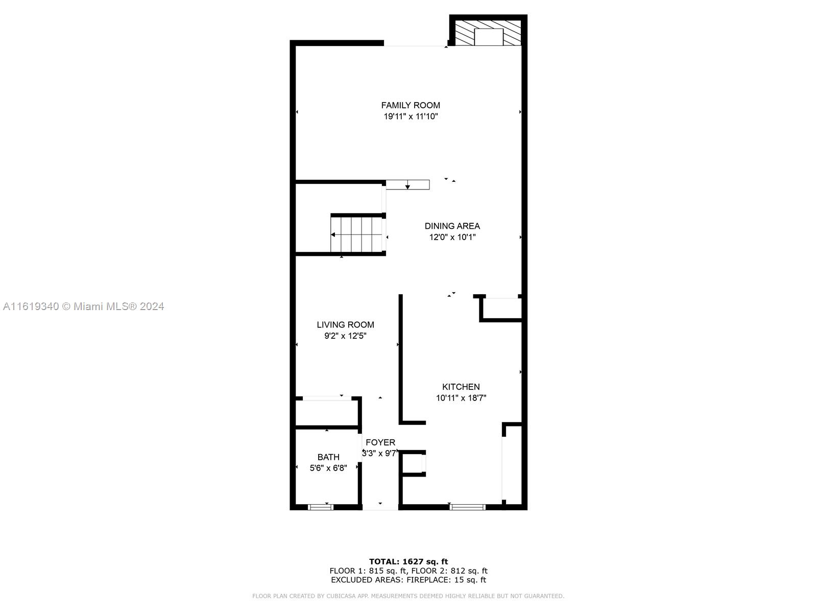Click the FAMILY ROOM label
point(411,105)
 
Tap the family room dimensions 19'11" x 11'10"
point(411,116)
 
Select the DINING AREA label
point(452,226)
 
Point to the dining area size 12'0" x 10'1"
point(452,237)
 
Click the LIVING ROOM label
point(345,324)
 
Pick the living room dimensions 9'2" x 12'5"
point(345,336)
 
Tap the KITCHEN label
point(461,387)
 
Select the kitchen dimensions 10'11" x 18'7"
point(461,398)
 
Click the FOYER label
point(380,442)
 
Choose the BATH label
point(328,457)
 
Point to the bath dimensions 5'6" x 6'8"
point(328,468)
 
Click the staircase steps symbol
point(356,235)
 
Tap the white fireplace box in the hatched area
point(489,37)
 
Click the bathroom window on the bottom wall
point(321,507)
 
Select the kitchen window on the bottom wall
point(467,507)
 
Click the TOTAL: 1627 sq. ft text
point(408,561)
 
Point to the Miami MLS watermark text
point(83,306)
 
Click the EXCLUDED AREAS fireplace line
point(408,579)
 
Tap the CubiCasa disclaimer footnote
point(408,596)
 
